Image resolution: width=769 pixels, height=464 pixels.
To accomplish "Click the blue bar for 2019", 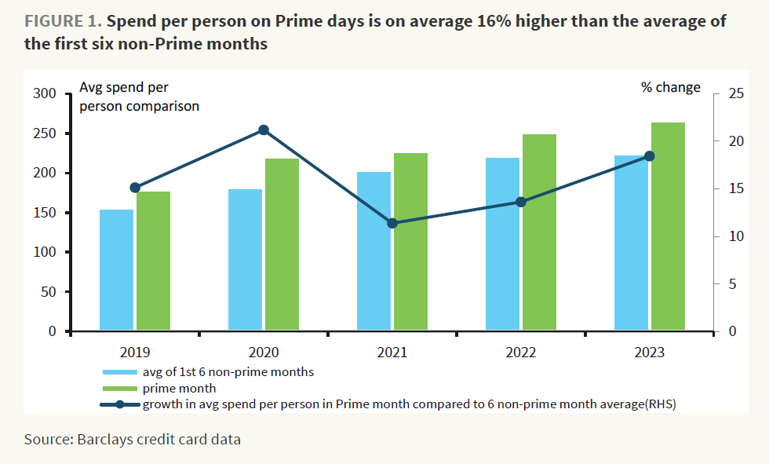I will [116, 270].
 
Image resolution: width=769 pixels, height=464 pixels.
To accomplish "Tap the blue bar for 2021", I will [374, 251].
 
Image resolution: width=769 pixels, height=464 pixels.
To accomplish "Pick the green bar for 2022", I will [539, 232].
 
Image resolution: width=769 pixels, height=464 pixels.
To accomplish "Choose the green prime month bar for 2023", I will [668, 227].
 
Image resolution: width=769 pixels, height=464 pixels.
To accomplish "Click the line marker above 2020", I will [264, 130].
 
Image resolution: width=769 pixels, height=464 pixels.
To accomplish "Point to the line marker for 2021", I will [392, 223].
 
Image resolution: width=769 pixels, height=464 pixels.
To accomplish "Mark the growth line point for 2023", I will [649, 156].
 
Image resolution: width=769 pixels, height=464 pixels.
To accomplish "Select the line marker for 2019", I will [135, 188].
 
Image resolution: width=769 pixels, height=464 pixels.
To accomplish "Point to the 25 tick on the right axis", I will [735, 94].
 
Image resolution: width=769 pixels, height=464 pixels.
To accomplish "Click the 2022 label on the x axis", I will [520, 353].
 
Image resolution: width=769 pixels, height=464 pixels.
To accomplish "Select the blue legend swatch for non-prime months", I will [119, 372].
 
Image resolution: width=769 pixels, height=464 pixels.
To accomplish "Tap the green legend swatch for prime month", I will [119, 388].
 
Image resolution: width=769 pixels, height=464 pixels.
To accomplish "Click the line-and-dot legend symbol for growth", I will [119, 405].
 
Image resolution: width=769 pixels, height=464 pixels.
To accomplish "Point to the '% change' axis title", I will [671, 87].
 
